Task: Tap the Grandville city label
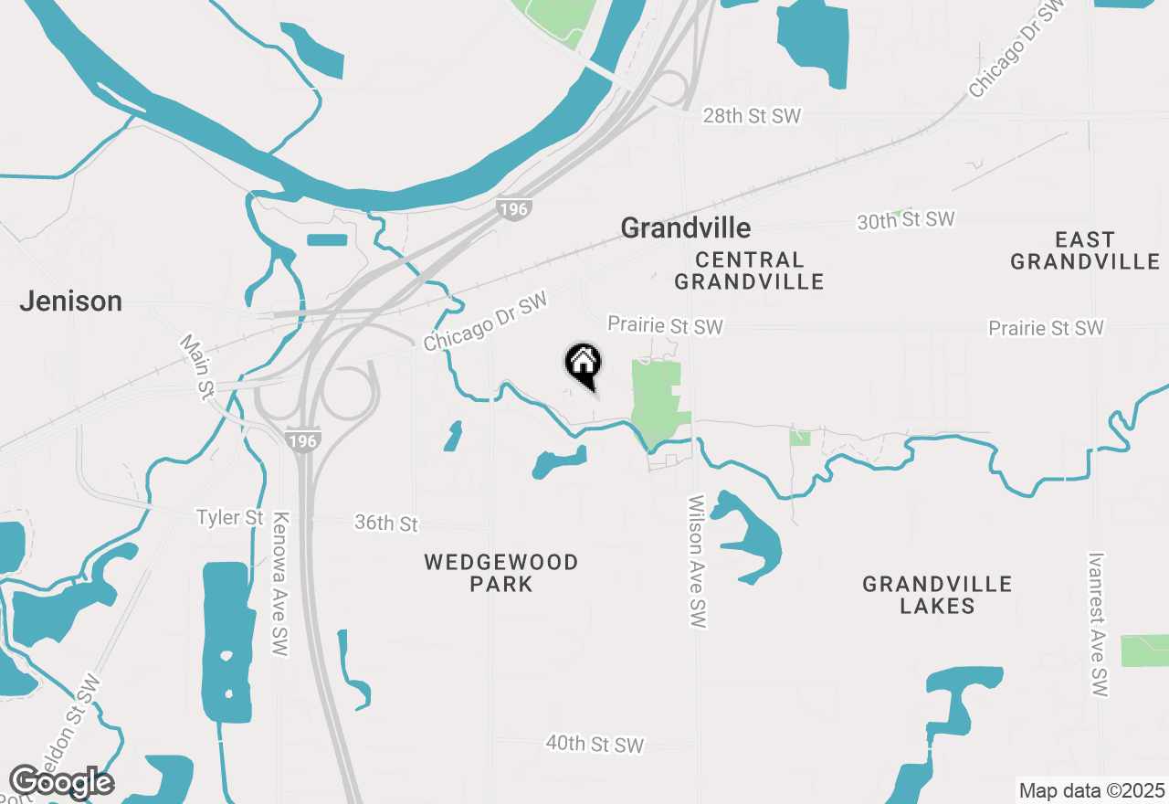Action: click(685, 227)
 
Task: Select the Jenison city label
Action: click(70, 301)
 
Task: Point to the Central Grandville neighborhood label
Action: click(749, 270)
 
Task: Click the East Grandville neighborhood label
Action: click(1085, 250)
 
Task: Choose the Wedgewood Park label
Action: click(501, 573)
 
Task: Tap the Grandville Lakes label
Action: click(937, 595)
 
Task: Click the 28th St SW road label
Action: click(751, 116)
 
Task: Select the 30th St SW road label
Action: click(905, 220)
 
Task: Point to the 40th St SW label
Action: click(595, 745)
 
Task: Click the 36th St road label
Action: click(386, 524)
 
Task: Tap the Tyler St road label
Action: click(230, 518)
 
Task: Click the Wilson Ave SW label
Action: click(697, 562)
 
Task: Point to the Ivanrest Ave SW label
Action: click(1098, 625)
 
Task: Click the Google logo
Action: click(61, 782)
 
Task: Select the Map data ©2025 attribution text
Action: click(1091, 790)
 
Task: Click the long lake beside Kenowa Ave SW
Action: click(225, 640)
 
